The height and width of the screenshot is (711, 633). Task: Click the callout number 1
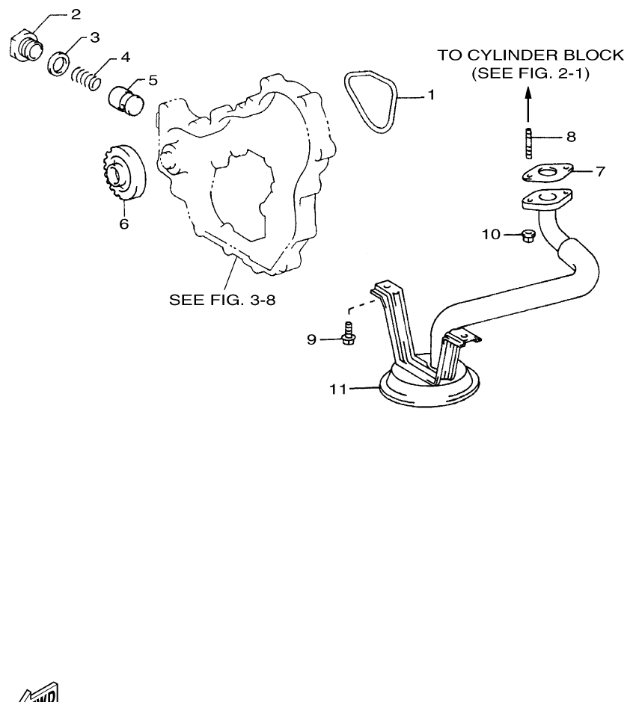pos(431,96)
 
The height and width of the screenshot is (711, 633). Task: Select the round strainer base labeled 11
pos(428,393)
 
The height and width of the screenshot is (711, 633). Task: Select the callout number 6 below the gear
pos(124,224)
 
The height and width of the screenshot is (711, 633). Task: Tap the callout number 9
pos(312,339)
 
